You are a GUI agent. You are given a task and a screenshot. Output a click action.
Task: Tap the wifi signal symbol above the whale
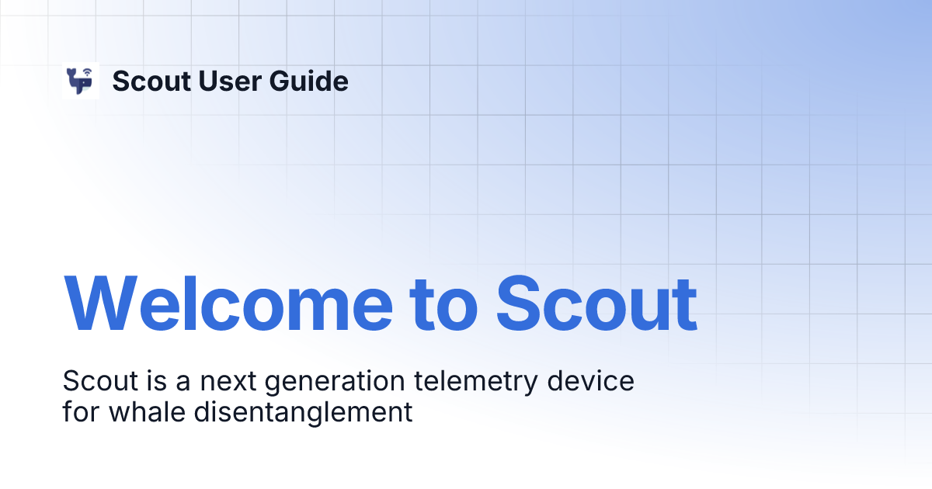pyautogui.click(x=87, y=73)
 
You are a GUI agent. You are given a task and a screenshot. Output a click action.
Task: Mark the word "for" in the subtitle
pyautogui.click(x=80, y=411)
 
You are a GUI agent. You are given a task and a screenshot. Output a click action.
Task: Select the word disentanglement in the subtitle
pyautogui.click(x=303, y=411)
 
